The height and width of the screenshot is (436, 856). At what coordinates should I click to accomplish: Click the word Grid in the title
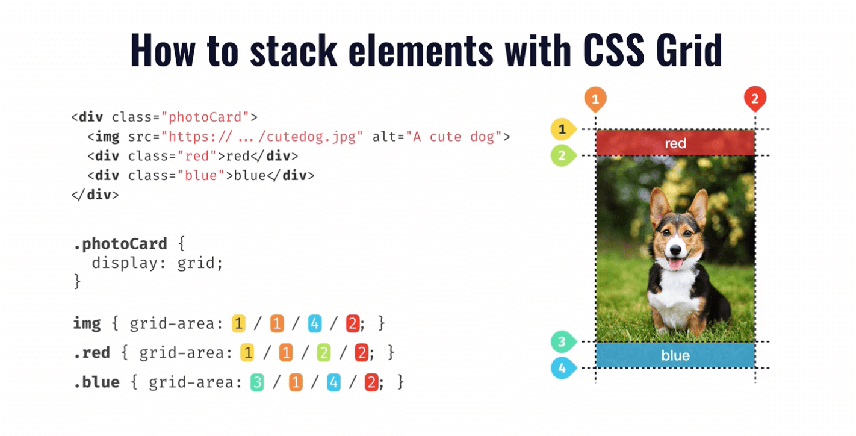[689, 50]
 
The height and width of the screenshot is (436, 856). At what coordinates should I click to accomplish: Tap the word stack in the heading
[294, 50]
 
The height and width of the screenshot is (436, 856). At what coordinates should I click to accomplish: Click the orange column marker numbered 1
[595, 99]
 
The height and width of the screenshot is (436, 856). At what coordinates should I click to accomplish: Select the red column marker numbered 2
[755, 99]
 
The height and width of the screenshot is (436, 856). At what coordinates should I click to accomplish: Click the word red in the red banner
[675, 143]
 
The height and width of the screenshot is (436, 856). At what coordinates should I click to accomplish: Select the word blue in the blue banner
[675, 356]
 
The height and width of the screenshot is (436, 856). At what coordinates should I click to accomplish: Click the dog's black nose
[675, 250]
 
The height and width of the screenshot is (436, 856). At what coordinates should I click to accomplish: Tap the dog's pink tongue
[675, 264]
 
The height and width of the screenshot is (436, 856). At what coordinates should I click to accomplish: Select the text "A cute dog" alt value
[454, 137]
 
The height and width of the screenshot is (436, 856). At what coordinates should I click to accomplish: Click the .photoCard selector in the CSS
[120, 244]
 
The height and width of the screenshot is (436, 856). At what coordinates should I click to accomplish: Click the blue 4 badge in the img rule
[314, 323]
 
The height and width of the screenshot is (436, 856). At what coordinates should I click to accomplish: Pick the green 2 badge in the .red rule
[324, 353]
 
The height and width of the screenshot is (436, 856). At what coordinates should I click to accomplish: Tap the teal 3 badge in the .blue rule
[257, 382]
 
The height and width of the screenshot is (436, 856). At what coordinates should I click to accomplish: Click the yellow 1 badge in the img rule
[238, 323]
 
